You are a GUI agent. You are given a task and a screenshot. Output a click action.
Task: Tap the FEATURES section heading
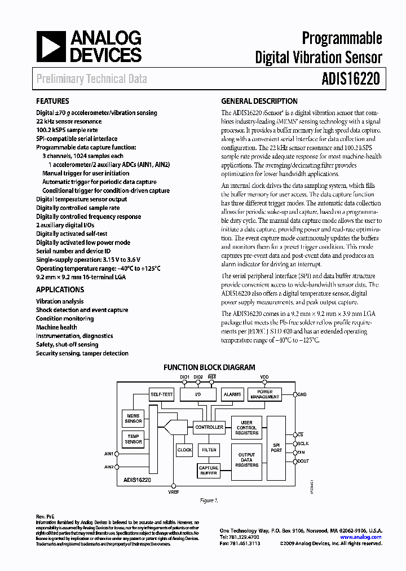pos(52,102)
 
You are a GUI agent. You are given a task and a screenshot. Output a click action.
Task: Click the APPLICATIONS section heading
pos(60,289)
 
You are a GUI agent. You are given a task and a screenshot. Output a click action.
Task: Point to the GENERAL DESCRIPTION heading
pos(259,102)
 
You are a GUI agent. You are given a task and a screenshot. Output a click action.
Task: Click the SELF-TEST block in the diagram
pos(162,394)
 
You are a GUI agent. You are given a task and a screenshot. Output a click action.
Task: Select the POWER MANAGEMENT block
pos(264,394)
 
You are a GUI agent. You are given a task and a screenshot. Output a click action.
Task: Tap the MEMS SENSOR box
pos(133,418)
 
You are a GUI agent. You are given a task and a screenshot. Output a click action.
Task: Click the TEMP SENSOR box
pos(133,438)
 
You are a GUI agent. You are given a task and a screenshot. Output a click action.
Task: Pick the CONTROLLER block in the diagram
pos(209,427)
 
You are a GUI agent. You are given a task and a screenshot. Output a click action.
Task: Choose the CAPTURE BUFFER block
pos(209,471)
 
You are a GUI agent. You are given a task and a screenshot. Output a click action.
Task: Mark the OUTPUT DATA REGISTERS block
pos(246,460)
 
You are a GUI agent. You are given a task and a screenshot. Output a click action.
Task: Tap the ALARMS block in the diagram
pos(232,394)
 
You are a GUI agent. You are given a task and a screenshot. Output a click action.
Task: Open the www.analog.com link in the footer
pos(364,537)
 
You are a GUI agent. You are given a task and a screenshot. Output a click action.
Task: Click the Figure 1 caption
pos(209,500)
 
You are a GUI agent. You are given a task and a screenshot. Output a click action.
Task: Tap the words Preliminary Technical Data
pos(91,79)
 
